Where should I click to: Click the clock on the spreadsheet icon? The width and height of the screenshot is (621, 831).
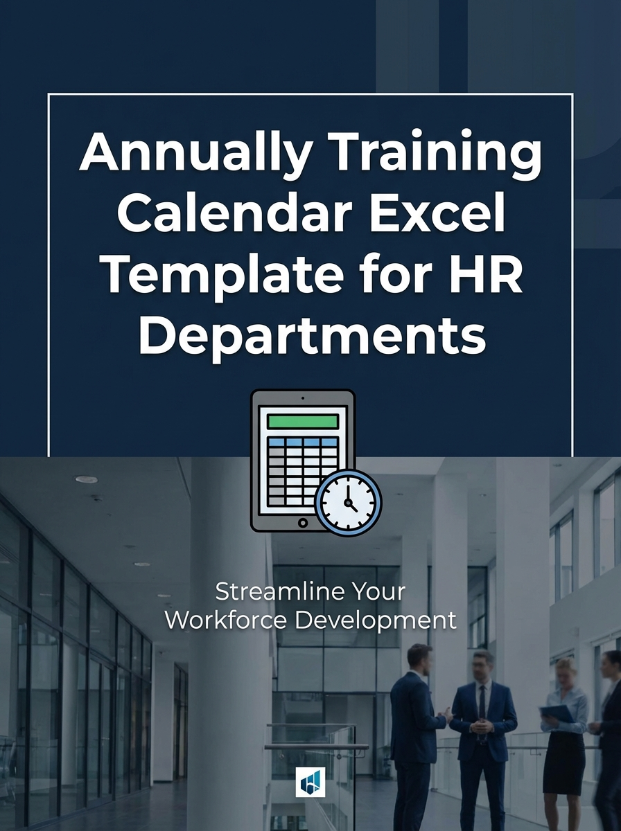click(349, 503)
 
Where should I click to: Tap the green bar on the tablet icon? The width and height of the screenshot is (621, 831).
click(303, 421)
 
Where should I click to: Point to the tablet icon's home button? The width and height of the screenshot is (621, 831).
click(303, 522)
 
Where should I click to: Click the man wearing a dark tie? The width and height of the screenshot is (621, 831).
click(482, 720)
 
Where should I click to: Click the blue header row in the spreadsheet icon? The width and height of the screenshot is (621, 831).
click(303, 441)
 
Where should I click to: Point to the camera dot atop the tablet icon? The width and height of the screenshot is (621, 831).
click(303, 398)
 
